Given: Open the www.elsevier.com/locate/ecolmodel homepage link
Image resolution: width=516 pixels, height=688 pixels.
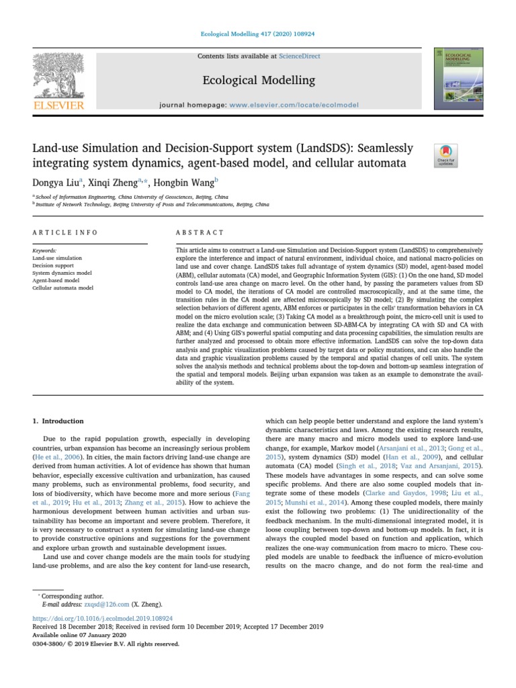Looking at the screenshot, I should [x=294, y=105].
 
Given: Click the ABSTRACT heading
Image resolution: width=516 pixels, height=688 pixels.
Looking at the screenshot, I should [x=199, y=232].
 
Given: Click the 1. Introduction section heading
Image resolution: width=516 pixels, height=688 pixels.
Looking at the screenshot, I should [x=58, y=421].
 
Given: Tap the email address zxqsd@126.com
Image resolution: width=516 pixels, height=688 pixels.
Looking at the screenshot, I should [x=97, y=605].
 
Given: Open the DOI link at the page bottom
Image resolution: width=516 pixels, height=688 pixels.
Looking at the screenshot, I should [x=103, y=617].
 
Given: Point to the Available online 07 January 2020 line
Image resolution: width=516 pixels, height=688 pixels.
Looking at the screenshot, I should [x=80, y=634].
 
